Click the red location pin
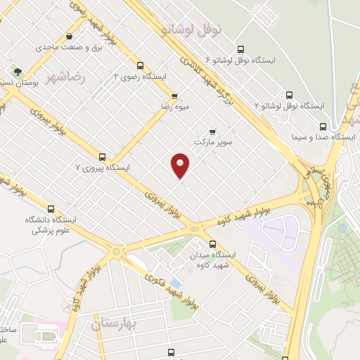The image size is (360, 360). click(x=181, y=165)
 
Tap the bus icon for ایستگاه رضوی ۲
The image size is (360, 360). click(x=141, y=65)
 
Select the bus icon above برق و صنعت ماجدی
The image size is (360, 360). click(x=70, y=37)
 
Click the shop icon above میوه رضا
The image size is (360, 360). click(x=174, y=96)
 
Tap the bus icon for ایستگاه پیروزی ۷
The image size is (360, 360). click(x=103, y=157)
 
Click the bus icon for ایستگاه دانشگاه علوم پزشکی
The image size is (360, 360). click(x=51, y=209)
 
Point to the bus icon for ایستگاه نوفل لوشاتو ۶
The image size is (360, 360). click(x=241, y=49)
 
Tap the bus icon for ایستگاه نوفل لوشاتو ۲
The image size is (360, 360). click(x=289, y=95)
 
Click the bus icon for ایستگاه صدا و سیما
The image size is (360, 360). click(x=323, y=127)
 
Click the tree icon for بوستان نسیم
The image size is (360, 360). click(x=16, y=71)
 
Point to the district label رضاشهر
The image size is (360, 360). click(x=68, y=77)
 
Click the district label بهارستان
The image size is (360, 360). click(x=117, y=324)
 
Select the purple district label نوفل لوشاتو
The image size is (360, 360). click(x=191, y=30)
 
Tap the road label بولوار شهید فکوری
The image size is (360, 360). click(x=171, y=291)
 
